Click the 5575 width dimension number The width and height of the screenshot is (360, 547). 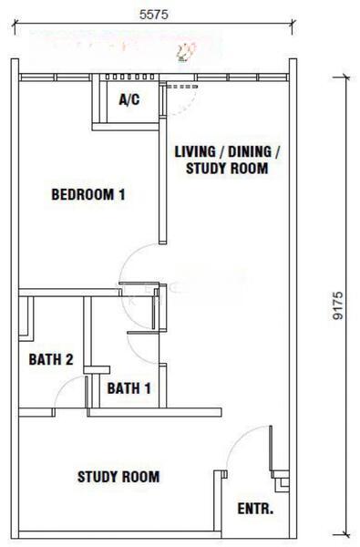click(153, 15)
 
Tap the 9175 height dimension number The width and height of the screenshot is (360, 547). click(338, 305)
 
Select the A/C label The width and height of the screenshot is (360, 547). click(129, 99)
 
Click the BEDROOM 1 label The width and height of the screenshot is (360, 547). click(88, 194)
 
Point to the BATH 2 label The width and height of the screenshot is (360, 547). click(51, 359)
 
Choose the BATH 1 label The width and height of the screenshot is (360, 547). click(129, 388)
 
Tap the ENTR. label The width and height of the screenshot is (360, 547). click(255, 509)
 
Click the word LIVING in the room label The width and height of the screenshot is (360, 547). click(195, 151)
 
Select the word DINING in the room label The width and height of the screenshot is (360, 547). click(250, 151)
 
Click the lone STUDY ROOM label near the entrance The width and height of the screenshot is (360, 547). click(118, 477)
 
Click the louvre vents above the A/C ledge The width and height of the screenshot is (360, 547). click(129, 77)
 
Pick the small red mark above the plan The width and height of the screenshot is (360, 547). click(184, 52)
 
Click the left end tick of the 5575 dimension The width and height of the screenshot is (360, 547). click(15, 26)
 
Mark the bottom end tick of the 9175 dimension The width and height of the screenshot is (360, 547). click(345, 534)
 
